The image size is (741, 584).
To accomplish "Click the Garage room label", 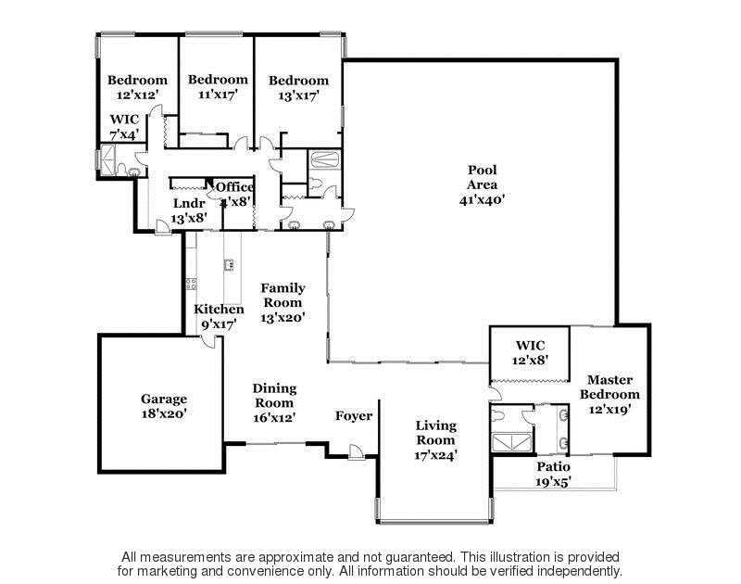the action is point(164,399).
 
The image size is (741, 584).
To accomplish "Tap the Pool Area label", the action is point(482,177).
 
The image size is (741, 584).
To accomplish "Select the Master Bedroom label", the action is point(609,387).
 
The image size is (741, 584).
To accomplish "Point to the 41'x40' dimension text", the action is point(482,200).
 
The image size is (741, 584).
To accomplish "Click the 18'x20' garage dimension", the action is point(164,413).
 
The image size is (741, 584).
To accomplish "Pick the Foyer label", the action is point(354,416).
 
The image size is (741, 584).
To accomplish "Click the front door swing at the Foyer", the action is point(356,452).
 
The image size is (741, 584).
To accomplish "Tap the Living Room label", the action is point(435,433).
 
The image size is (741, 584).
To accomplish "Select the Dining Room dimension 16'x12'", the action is point(274,418).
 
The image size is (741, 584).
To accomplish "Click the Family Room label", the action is point(283,295).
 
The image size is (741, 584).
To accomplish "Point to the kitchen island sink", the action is point(229,265).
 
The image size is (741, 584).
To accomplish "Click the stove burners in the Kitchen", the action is point(192,284).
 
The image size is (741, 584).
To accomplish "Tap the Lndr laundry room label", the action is point(189,203).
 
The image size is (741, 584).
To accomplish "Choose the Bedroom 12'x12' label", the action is point(137,87).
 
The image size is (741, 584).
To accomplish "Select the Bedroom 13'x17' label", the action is point(298,88).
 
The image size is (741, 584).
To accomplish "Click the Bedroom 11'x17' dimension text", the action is point(218,95).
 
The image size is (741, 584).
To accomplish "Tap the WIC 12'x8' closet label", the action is point(530,353).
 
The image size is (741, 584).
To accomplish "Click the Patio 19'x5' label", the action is point(553,475).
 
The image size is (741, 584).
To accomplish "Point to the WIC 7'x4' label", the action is point(125,127).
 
